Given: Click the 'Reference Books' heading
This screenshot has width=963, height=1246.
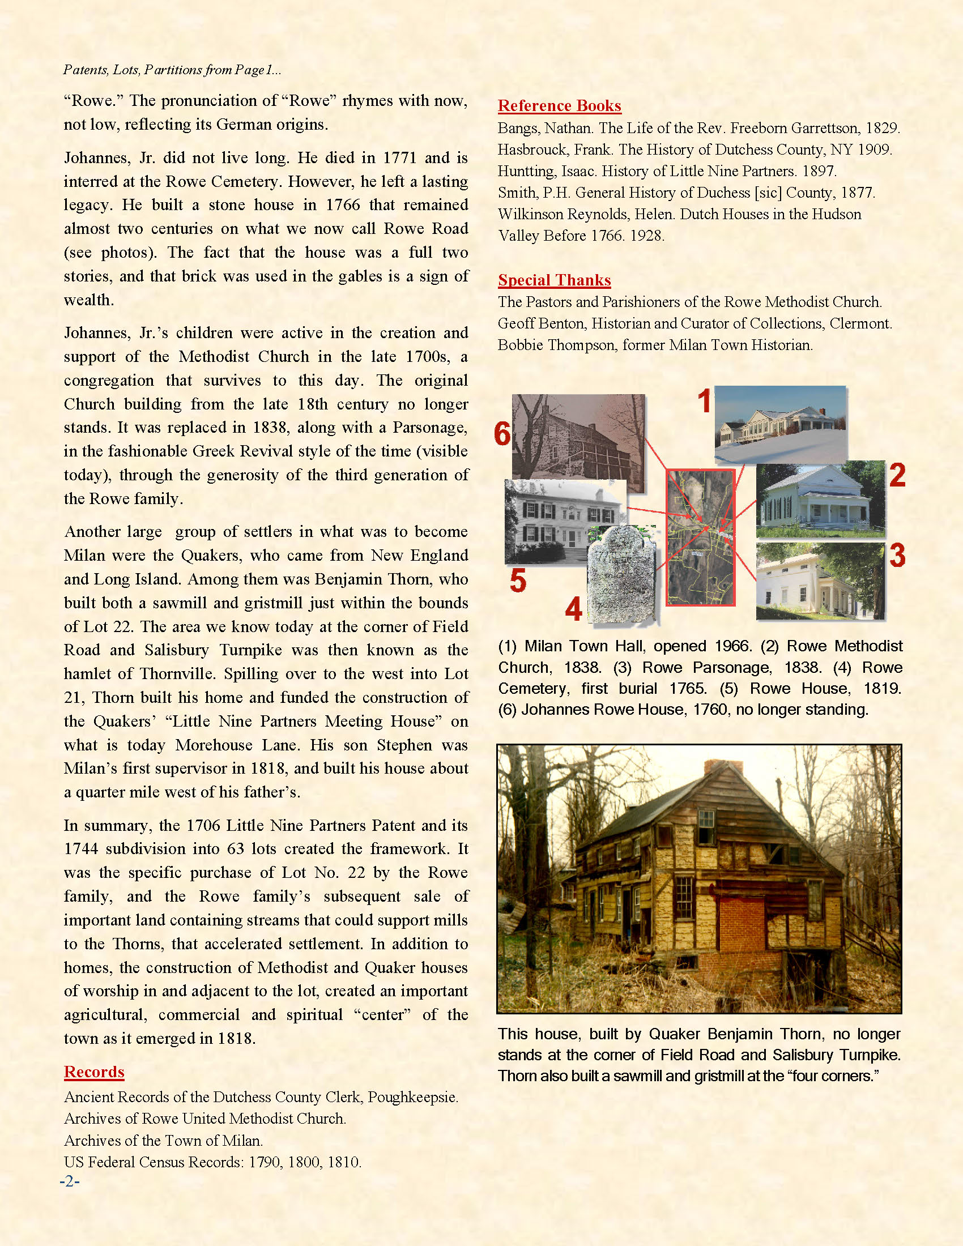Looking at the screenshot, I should tap(559, 105).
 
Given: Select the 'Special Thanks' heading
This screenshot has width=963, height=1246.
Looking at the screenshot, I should tap(554, 280).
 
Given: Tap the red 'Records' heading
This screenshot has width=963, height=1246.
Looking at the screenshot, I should tap(94, 1072).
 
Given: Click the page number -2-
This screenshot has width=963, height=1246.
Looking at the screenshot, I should tap(70, 1181).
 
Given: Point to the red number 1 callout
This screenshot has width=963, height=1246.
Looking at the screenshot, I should tap(705, 401).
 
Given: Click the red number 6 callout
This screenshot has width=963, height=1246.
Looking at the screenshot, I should tap(502, 435).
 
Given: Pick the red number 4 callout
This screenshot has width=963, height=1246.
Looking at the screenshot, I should tap(573, 609).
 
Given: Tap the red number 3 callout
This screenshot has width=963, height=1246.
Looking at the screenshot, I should tap(897, 555).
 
